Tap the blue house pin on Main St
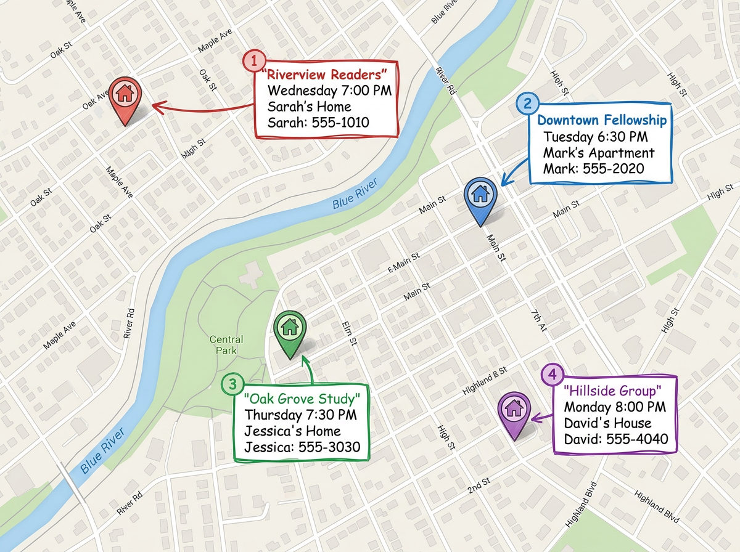click(480, 195)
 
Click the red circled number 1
click(253, 61)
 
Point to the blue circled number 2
click(527, 103)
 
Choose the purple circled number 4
click(552, 374)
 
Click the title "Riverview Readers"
click(325, 75)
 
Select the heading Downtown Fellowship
click(602, 120)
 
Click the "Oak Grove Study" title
click(301, 398)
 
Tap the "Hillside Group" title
click(613, 391)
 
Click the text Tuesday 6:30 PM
click(595, 136)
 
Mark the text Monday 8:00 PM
click(615, 407)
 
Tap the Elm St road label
click(349, 333)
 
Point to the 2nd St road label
click(479, 484)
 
